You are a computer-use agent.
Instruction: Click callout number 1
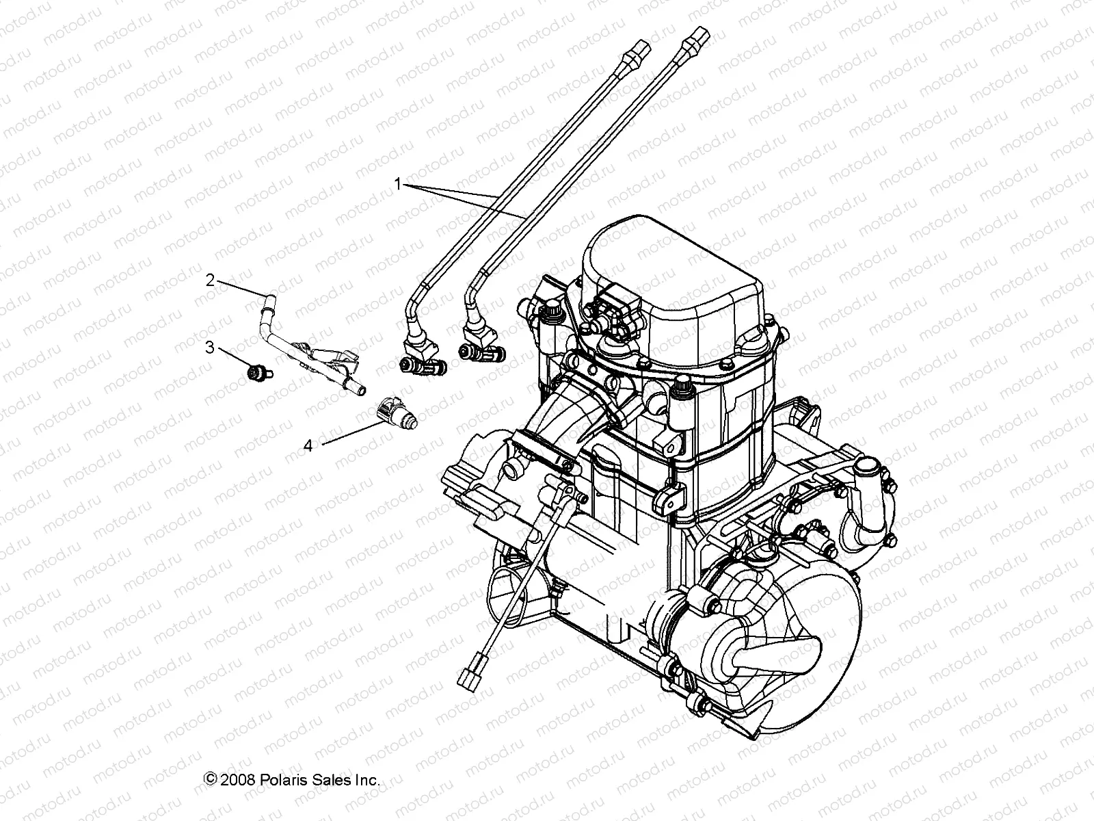point(397,183)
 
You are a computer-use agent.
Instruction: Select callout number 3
point(210,348)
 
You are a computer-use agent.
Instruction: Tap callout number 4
point(308,446)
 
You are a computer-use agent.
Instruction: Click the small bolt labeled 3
point(258,372)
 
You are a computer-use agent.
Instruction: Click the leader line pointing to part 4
point(352,434)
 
